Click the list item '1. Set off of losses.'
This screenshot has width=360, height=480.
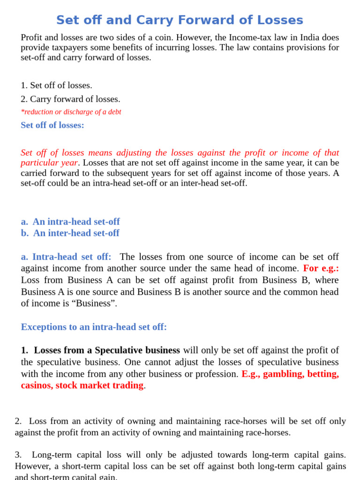tap(56, 85)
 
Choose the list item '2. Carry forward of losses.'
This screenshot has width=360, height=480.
tap(70, 99)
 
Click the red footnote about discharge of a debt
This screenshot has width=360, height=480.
tap(71, 112)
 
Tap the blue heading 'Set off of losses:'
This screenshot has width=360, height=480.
tap(52, 125)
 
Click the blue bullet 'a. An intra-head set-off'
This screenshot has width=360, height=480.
tap(70, 221)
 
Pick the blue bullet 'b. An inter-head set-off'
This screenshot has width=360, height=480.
tap(70, 233)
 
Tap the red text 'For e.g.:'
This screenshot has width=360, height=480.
tap(321, 268)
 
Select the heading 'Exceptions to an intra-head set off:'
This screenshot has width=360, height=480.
tap(94, 327)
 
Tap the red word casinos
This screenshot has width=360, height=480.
tap(36, 385)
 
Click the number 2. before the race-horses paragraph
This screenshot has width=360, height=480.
tap(18, 421)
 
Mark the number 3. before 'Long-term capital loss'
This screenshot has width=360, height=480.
tap(18, 455)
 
